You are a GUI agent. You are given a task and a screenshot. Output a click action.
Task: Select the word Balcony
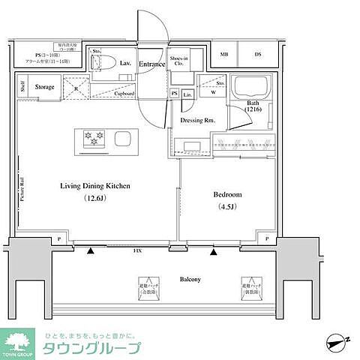pos(189,279)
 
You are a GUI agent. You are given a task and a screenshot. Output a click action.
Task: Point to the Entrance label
pos(151,64)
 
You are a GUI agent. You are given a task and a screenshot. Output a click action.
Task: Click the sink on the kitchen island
pos(123,139)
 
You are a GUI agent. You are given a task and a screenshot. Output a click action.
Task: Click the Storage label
pos(44,88)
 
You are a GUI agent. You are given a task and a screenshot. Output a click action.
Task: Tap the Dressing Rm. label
pos(196,120)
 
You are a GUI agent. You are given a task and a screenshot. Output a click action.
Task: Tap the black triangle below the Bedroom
pos(214,252)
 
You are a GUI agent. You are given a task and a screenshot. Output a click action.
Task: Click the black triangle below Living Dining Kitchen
pos(91,252)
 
